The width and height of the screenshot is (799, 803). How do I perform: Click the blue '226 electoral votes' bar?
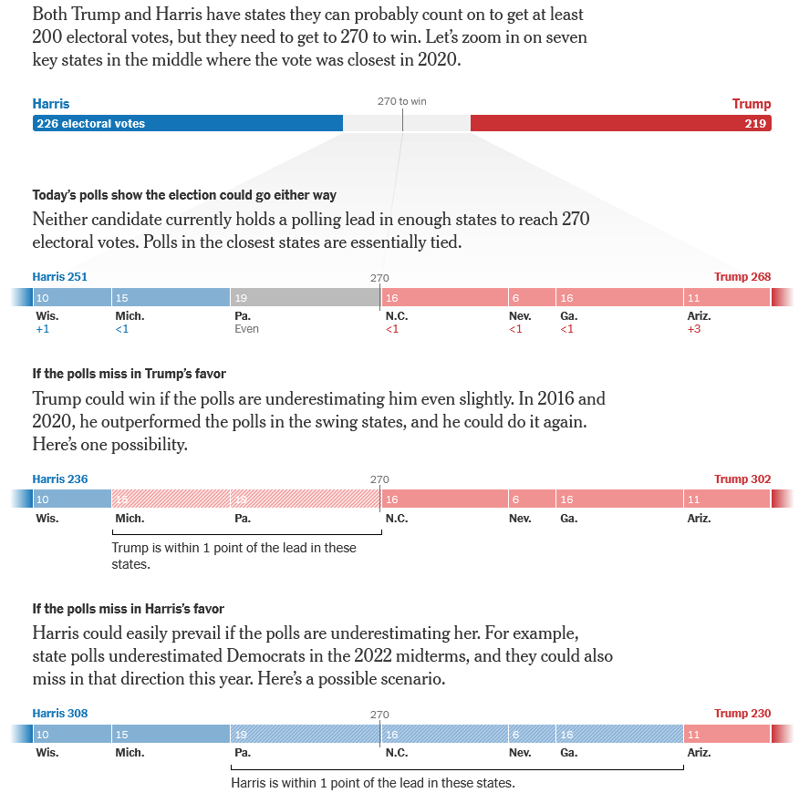[188, 123]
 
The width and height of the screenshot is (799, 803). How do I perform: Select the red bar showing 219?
[620, 123]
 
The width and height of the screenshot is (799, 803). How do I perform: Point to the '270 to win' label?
[402, 101]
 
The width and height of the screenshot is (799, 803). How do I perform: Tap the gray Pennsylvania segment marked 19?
[305, 297]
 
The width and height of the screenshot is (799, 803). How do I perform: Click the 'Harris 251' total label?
[60, 277]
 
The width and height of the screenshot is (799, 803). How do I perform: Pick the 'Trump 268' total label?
[742, 277]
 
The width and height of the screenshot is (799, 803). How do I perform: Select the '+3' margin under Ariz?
[693, 329]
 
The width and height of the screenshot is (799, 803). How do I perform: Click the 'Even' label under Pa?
[246, 329]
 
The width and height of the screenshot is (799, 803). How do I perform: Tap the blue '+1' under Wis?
[42, 329]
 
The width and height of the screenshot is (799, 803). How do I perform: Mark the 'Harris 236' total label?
[60, 479]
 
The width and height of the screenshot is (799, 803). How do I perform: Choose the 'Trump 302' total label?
[742, 479]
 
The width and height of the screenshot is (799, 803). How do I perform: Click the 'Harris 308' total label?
[60, 714]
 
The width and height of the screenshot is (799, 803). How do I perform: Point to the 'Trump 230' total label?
[742, 714]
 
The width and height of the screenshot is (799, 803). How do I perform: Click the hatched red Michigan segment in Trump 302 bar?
[171, 499]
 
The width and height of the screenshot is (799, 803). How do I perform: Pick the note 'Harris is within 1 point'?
[372, 783]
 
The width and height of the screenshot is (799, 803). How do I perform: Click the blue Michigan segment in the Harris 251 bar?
[171, 297]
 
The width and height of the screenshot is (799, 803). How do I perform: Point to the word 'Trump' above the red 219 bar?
[751, 104]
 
